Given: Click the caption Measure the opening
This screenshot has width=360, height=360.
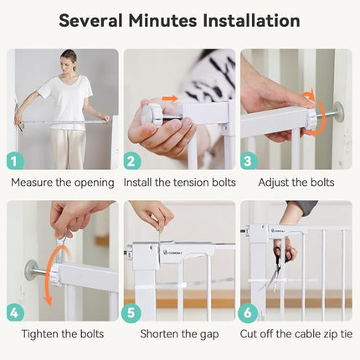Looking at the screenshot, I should [x=62, y=182].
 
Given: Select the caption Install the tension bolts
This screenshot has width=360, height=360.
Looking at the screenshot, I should [x=179, y=182].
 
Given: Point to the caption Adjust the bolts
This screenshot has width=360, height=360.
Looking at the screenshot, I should [x=296, y=182].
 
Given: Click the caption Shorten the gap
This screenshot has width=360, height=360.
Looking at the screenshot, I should [x=179, y=332].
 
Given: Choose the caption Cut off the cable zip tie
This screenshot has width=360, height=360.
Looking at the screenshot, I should [x=296, y=332].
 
